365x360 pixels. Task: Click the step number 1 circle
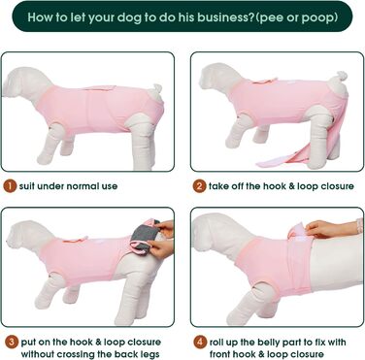pyautogui.click(x=10, y=186)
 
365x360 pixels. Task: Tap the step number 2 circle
pyautogui.click(x=199, y=186)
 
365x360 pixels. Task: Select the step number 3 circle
pyautogui.click(x=12, y=343)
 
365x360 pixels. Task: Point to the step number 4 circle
pyautogui.click(x=200, y=343)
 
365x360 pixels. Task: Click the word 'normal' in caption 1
pyautogui.click(x=83, y=186)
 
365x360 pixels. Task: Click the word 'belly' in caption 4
pyautogui.click(x=267, y=343)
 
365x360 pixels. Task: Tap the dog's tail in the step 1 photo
pyautogui.click(x=156, y=89)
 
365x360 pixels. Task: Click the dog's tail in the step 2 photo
pyautogui.click(x=341, y=77)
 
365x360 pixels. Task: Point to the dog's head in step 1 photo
pyautogui.click(x=23, y=82)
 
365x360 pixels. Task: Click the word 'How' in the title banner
pyautogui.click(x=41, y=17)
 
